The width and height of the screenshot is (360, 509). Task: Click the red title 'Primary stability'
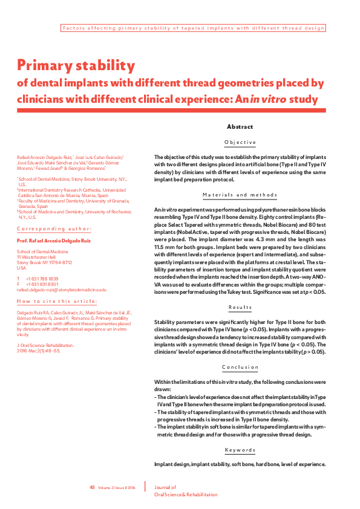point(76,65)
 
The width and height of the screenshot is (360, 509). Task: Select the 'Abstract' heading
point(240,127)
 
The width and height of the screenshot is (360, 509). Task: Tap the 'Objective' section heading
point(240,143)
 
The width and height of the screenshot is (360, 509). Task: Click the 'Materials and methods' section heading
point(240,195)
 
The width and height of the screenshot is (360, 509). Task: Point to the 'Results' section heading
point(240,308)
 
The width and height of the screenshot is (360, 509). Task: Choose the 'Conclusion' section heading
point(240,367)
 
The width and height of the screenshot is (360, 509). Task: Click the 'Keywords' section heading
point(240,450)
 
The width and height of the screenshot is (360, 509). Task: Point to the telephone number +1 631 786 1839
point(42,279)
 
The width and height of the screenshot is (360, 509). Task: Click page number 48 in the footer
point(93,487)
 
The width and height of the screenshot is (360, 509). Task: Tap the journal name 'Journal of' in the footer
point(165,487)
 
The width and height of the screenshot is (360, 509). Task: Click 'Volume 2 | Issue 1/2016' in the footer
point(117,487)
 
